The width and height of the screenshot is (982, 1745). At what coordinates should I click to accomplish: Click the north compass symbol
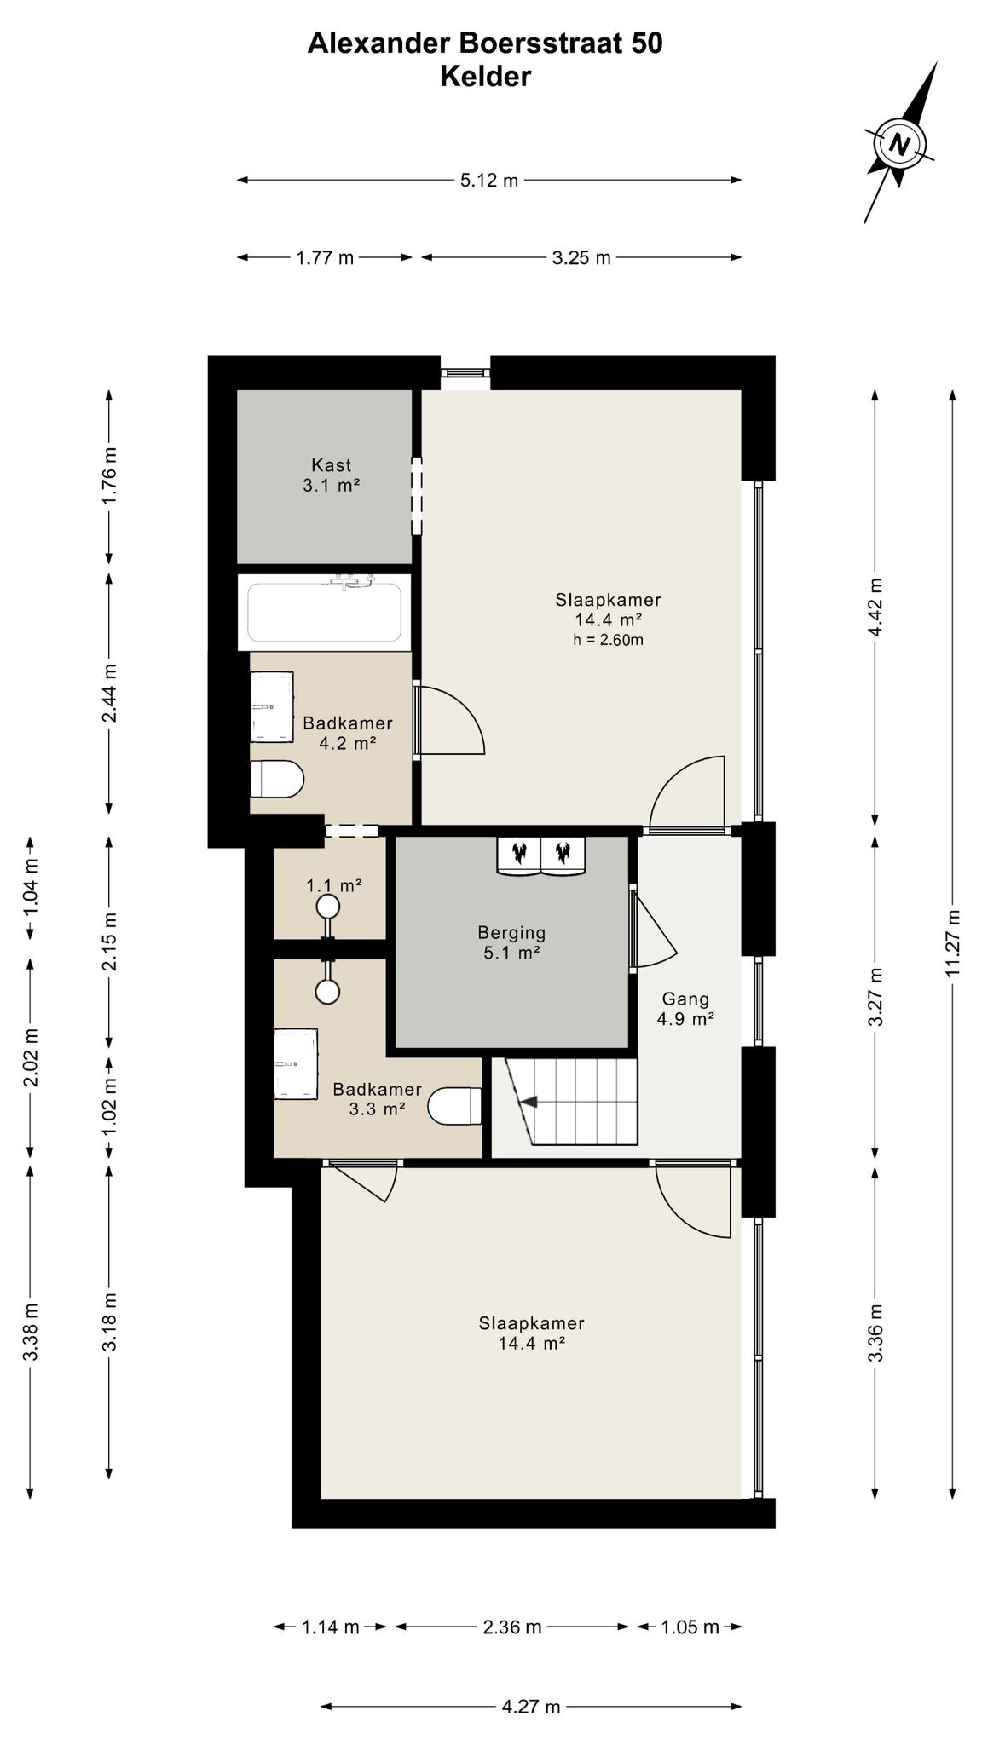tap(900, 142)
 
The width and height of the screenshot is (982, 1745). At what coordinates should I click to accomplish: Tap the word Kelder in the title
tap(485, 77)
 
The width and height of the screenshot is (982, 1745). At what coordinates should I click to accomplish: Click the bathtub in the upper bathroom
tap(324, 611)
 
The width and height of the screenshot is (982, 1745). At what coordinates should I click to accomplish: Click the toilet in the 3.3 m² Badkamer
tap(454, 1107)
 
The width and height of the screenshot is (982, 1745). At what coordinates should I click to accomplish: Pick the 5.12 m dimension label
tap(489, 181)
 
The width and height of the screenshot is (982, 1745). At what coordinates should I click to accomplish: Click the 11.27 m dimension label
tap(953, 943)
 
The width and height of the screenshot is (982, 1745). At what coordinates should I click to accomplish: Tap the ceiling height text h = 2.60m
tap(608, 640)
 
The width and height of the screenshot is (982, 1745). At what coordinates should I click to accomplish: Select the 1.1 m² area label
tap(334, 886)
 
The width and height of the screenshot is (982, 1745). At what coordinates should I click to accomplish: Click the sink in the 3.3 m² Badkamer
tap(295, 1064)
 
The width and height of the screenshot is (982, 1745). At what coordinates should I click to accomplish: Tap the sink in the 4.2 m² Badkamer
tap(272, 707)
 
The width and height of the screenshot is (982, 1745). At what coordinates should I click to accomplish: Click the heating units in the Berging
tap(540, 855)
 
